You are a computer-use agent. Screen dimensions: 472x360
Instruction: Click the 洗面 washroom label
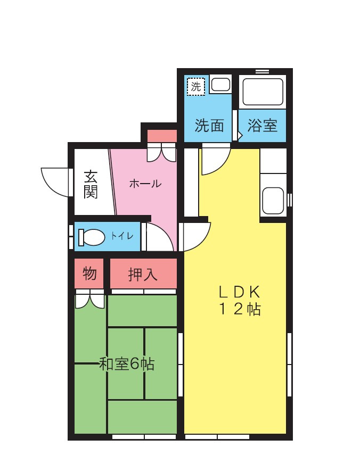209,126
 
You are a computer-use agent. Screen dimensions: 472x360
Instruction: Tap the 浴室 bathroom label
263,126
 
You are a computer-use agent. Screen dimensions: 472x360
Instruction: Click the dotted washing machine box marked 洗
196,86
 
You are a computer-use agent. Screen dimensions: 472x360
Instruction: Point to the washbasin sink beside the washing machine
220,84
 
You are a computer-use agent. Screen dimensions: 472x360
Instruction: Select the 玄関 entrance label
91,184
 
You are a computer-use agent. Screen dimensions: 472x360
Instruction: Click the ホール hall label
145,184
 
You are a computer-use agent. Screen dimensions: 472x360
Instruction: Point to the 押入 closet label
143,275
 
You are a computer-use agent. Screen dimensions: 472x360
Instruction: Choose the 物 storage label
89,274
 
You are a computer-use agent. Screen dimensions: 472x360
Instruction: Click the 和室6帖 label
127,365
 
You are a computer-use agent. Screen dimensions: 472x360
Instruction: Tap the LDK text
240,291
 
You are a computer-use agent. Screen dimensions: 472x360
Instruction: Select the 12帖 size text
240,309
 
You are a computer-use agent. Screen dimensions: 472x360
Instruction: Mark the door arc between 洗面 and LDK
215,161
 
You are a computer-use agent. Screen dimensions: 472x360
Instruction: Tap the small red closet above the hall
161,136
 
